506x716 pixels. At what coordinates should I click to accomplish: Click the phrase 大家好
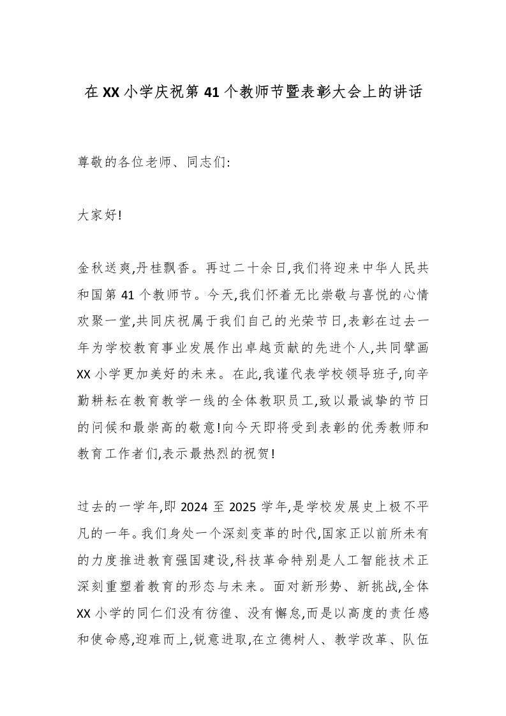(97, 216)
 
